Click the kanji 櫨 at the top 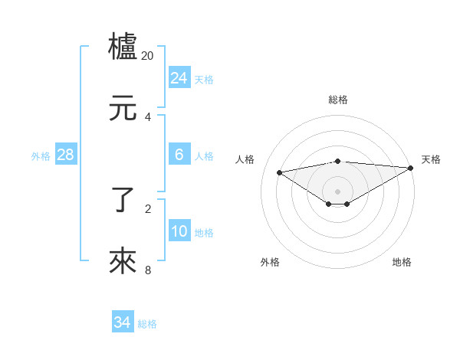(x=123, y=47)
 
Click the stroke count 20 (x=148, y=56)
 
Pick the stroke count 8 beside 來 (x=148, y=270)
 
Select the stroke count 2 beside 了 (x=148, y=208)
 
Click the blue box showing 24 (x=179, y=78)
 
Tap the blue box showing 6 (x=179, y=155)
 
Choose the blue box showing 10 (x=179, y=231)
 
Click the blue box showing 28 (x=66, y=155)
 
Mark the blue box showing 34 (x=123, y=322)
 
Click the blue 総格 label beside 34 (x=147, y=324)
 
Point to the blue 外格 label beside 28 (x=41, y=156)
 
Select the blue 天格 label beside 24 (x=204, y=80)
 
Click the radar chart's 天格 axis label (x=431, y=159)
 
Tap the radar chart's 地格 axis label (x=402, y=262)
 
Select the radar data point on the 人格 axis (x=280, y=172)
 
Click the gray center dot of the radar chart (x=338, y=191)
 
